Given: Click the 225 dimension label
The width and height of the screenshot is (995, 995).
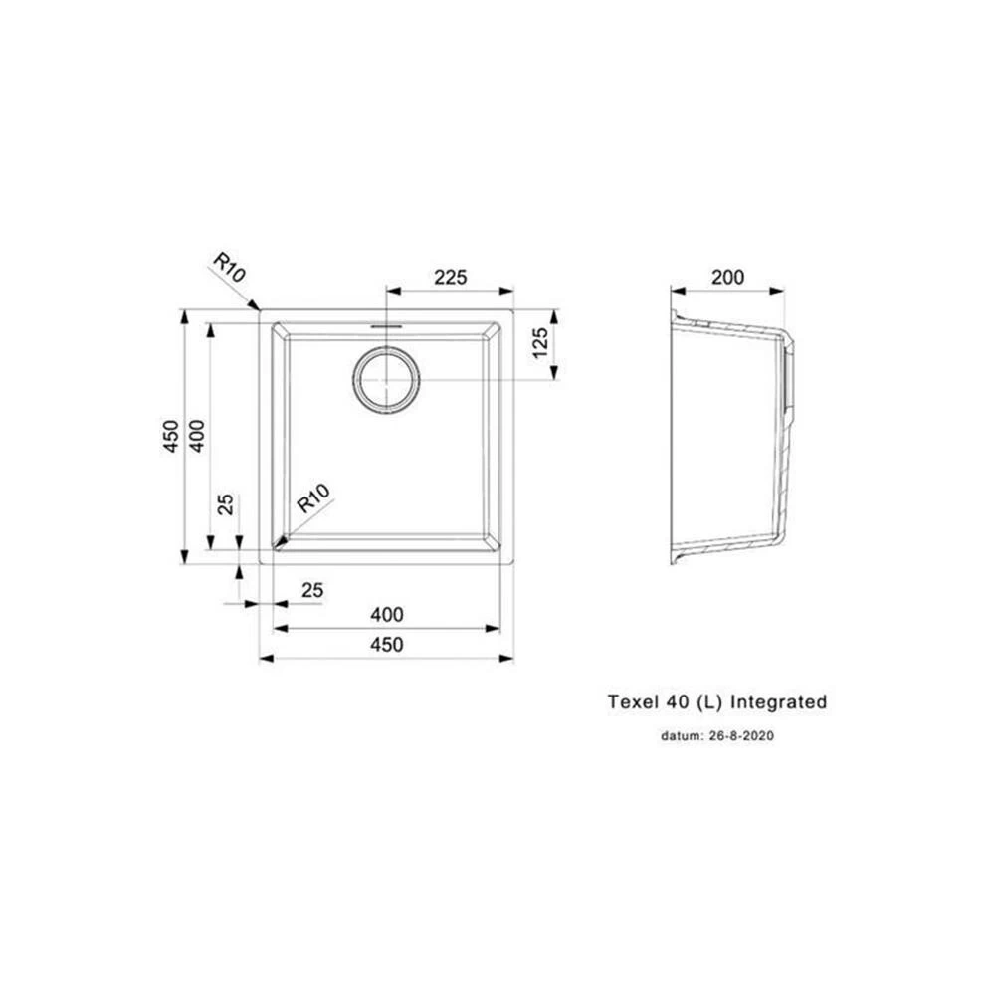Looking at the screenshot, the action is point(450,277).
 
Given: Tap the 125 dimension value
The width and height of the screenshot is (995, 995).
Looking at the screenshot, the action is point(540,342).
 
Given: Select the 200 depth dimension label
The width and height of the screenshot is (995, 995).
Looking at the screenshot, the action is point(728,277).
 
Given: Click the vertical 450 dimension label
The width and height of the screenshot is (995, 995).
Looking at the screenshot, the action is point(171,436).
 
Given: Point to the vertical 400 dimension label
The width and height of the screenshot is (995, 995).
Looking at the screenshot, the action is point(197,436).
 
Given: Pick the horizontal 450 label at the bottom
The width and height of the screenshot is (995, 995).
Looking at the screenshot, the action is point(386,644).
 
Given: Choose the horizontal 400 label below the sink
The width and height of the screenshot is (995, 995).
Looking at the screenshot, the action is point(386,614).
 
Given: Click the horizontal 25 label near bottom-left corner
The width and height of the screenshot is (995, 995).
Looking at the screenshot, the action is point(312,590).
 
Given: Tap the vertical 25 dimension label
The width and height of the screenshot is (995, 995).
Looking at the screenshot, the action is point(226,504).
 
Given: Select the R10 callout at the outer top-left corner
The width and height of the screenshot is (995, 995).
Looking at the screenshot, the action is point(229,267).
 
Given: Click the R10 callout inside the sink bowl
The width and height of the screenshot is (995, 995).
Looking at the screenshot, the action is point(314,498).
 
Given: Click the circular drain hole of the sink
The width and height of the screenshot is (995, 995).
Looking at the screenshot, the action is point(386,380).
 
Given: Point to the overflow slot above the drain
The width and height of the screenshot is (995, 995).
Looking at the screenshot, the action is point(386,325).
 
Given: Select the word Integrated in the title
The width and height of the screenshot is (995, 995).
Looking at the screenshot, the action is point(779,701).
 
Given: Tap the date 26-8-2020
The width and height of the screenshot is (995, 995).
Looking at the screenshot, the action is point(740,736).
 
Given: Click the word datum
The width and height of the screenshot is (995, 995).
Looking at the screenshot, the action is point(682,736).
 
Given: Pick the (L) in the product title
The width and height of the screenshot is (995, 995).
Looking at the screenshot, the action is point(709,702).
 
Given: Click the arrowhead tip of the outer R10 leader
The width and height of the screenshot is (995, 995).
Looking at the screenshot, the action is point(260,310).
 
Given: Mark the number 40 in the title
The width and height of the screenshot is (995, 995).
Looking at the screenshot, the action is point(677,701).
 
